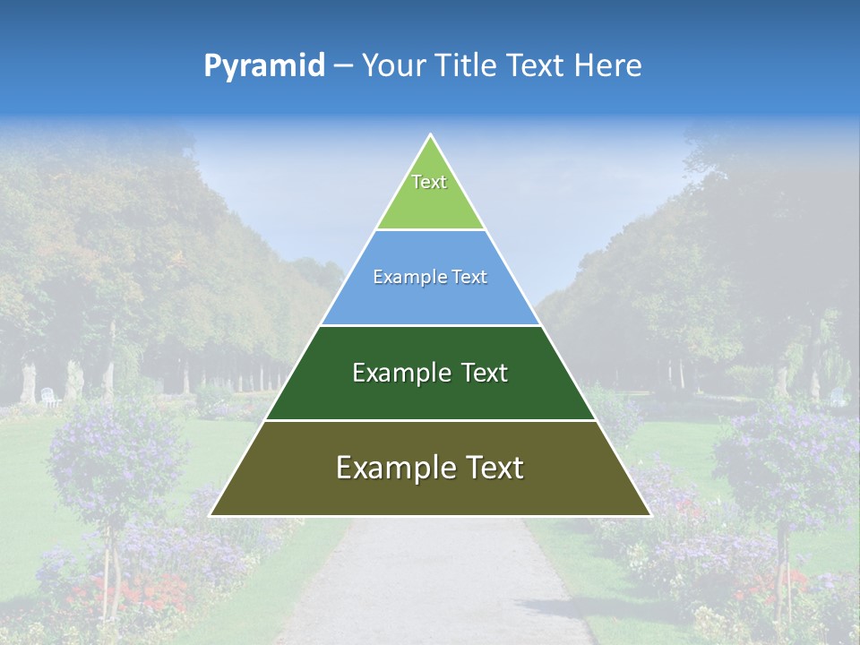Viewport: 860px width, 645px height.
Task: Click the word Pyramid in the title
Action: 263,66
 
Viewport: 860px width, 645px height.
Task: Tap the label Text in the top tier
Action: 429,182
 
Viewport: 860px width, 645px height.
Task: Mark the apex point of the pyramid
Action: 430,134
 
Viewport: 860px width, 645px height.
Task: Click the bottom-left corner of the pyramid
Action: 211,515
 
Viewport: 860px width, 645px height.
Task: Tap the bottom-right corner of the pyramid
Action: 650,515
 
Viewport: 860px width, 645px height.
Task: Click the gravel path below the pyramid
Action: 430,582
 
